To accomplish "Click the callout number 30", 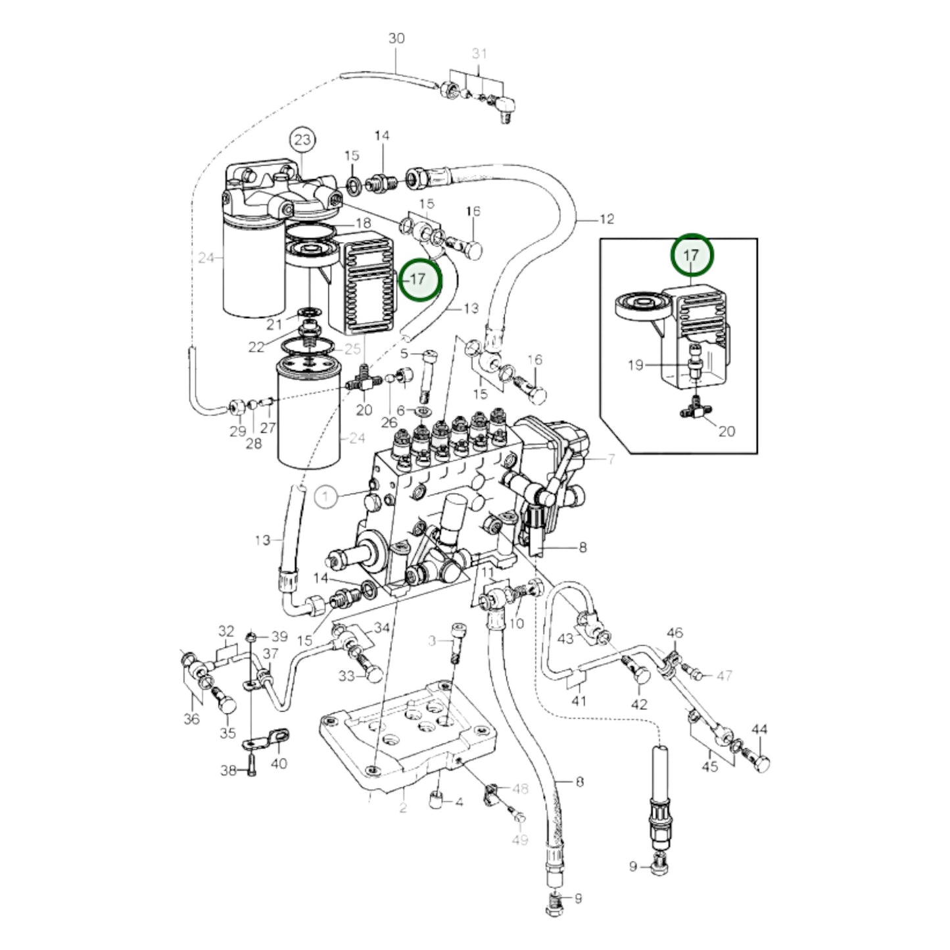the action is [396, 38].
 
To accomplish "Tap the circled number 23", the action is [302, 140].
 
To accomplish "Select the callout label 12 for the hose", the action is [607, 219].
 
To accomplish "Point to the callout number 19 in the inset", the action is [636, 365].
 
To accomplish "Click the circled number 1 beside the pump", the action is [326, 496].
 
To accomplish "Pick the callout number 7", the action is [611, 460].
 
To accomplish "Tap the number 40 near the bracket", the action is [279, 764].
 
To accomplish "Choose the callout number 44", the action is [759, 729].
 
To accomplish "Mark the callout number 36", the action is [192, 719].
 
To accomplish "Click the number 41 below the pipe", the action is [579, 700].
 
